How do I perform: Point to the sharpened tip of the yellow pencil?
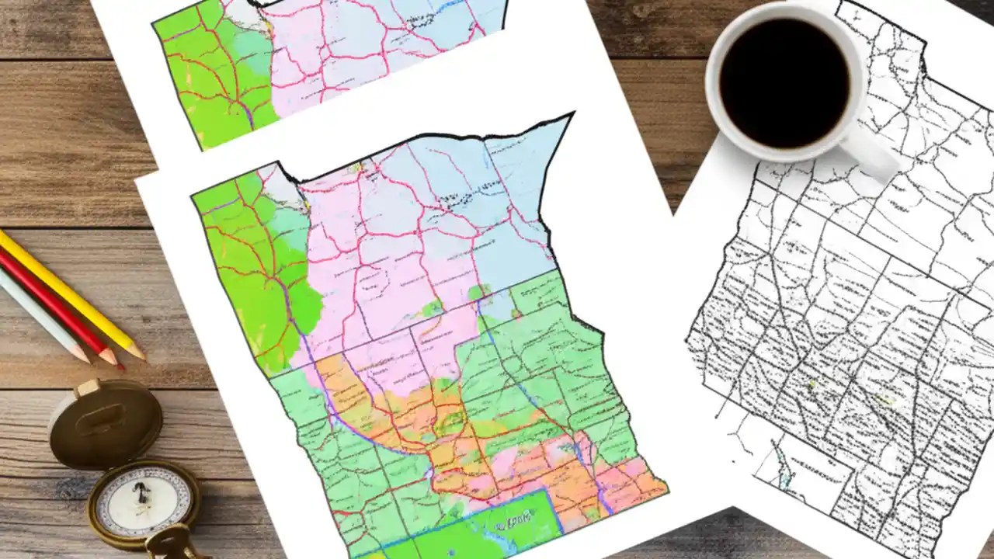(x=141, y=356)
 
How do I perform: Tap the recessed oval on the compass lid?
(x=104, y=424)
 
